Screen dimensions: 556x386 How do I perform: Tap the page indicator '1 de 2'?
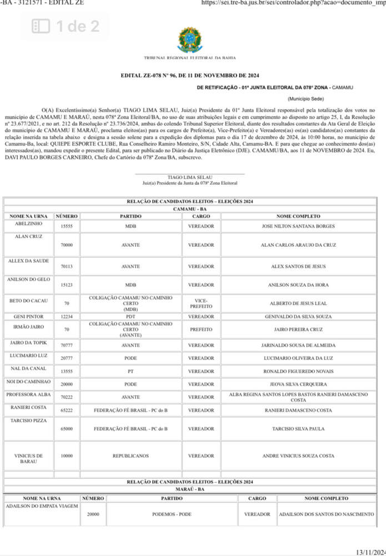click(x=66, y=26)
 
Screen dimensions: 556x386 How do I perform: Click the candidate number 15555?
click(x=67, y=227)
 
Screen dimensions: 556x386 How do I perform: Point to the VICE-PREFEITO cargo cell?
click(x=200, y=303)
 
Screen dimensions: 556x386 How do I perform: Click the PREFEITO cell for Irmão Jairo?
click(x=200, y=329)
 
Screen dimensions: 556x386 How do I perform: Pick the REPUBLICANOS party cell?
click(x=130, y=456)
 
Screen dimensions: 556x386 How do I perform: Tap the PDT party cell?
click(x=130, y=316)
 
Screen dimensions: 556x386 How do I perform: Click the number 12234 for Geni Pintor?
click(x=67, y=316)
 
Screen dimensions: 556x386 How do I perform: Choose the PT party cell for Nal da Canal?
click(x=130, y=371)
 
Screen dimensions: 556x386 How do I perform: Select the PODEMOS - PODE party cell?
click(x=172, y=514)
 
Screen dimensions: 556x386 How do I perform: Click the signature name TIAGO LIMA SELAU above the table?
click(x=189, y=177)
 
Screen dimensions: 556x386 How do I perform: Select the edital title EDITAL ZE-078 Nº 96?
click(x=189, y=76)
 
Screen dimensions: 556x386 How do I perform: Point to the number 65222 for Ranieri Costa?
click(x=67, y=410)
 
